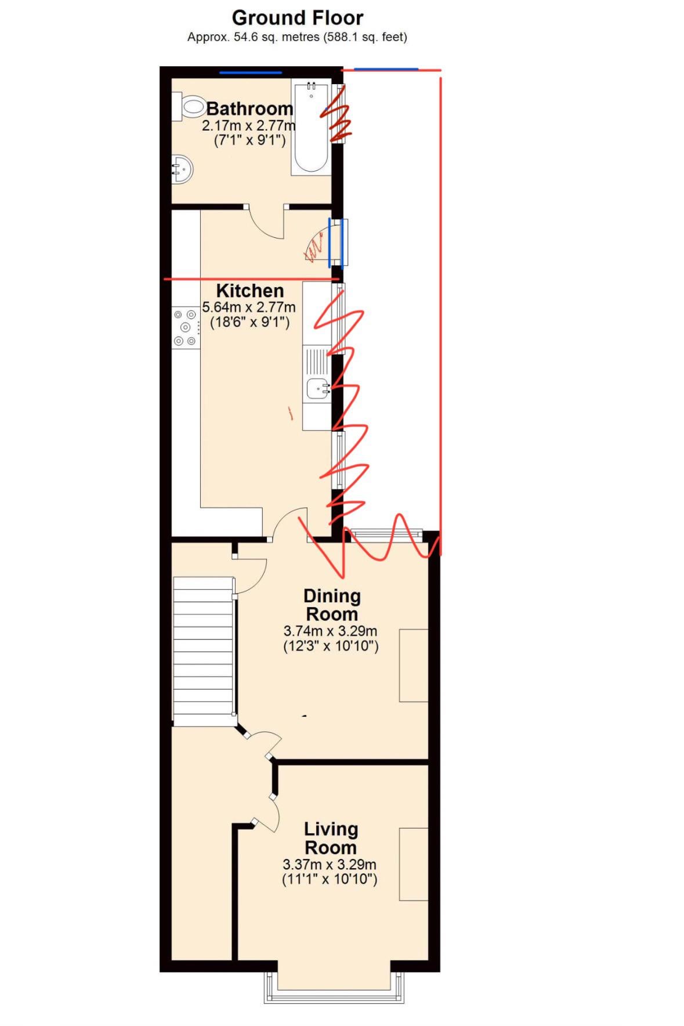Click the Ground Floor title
coord(298,18)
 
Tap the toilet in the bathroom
coord(189,107)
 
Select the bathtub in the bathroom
coord(311,127)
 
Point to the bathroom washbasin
coord(182,169)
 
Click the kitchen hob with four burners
coord(186,328)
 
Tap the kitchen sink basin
coord(318,386)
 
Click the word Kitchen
coord(250,291)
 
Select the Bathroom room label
coord(250,109)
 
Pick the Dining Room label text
coord(332,605)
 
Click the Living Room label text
coord(331,838)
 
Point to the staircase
coord(204,651)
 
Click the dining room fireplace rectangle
coord(414,665)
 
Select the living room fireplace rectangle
coord(414,864)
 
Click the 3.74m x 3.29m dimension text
coord(331,631)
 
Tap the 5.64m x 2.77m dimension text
coord(249,307)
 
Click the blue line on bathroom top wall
coord(251,73)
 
